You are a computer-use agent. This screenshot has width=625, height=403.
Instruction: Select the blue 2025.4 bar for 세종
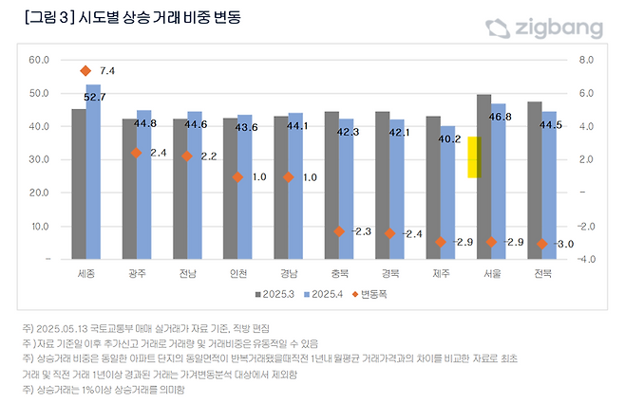tap(93, 171)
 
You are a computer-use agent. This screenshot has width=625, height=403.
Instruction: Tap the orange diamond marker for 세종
tap(85, 71)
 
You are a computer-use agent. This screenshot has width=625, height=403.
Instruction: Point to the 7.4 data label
tap(107, 71)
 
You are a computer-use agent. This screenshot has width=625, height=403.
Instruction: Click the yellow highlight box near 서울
tap(474, 156)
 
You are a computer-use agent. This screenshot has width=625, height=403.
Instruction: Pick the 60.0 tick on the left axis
tap(39, 61)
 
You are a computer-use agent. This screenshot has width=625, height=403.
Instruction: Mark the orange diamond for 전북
tap(541, 244)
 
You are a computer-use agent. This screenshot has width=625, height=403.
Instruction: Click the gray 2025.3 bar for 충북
tap(331, 185)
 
